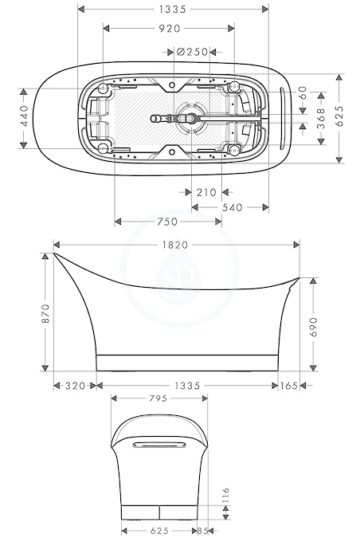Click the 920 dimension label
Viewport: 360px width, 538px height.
click(x=170, y=29)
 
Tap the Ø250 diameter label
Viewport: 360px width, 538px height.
click(x=192, y=52)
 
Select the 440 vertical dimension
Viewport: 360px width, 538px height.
click(x=25, y=116)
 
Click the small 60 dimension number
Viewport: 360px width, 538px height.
click(x=303, y=92)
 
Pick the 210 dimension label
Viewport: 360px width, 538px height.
click(x=206, y=192)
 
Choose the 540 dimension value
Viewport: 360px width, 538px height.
click(x=232, y=207)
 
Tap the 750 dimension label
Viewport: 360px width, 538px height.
click(x=167, y=222)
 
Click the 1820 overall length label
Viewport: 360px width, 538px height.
click(x=175, y=245)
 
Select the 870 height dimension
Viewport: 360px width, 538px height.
click(x=45, y=313)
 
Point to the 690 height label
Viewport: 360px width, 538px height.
click(x=313, y=327)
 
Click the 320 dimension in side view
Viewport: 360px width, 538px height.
click(x=75, y=386)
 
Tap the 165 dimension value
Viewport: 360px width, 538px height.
click(x=288, y=386)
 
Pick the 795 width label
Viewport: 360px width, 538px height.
click(x=158, y=399)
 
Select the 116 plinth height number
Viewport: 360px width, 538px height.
click(x=225, y=496)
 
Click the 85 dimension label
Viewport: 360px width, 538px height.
click(x=203, y=531)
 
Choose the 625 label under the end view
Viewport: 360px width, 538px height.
click(x=159, y=531)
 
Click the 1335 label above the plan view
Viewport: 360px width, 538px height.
click(x=173, y=10)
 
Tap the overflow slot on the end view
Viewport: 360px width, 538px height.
click(x=159, y=445)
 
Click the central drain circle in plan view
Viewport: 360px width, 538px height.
click(x=192, y=118)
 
